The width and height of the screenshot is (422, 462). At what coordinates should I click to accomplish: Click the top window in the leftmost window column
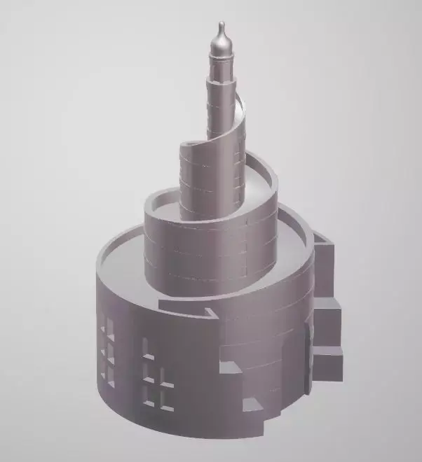109,326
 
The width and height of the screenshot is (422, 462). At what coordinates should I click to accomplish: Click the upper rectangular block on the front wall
229,366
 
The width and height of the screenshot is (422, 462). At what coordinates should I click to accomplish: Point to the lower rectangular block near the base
250,405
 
